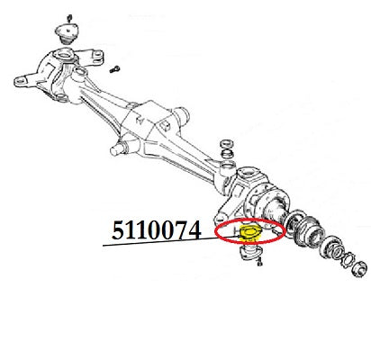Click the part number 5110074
coord(156,230)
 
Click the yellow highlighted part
coord(249,233)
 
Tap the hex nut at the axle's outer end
coord(358,268)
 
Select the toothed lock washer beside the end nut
coord(349,259)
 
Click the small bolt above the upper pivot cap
coord(69,19)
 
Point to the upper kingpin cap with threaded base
coord(67,34)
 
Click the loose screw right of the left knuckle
coord(114,69)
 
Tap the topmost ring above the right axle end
coord(227,143)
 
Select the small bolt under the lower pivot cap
coord(259,262)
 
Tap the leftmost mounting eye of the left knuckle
coord(21,81)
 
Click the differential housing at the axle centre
coord(147,121)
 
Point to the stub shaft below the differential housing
coord(116,149)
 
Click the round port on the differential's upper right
coord(181,115)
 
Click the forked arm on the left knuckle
coord(90,56)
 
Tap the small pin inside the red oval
coord(276,231)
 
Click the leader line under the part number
coord(171,242)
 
